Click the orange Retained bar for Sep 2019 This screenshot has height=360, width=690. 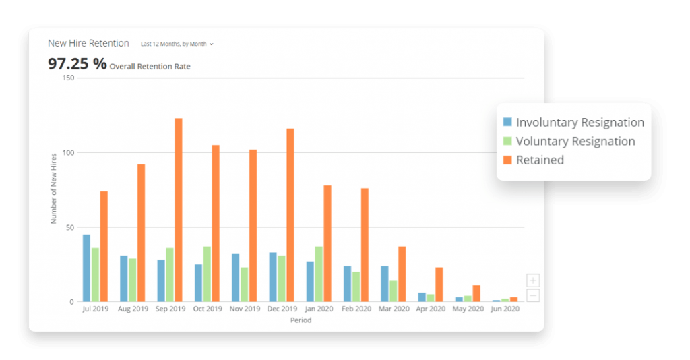click(179, 210)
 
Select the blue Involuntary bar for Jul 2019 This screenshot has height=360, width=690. click(86, 268)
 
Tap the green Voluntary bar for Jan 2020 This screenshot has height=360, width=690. click(319, 274)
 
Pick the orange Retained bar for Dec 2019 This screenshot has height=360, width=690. click(290, 215)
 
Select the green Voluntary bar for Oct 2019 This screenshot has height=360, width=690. click(207, 274)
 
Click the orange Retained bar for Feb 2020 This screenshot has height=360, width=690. click(365, 245)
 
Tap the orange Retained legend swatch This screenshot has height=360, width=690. click(508, 160)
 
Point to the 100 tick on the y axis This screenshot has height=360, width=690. click(67, 153)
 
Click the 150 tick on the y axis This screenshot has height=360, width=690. click(67, 78)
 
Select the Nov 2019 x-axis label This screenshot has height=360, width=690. click(245, 309)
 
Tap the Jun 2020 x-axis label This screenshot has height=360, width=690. click(505, 309)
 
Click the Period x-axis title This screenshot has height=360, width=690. click(301, 321)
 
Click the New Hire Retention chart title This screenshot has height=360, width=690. click(88, 43)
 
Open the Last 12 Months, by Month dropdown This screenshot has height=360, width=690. click(177, 44)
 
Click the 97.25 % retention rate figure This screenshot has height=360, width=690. click(77, 64)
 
